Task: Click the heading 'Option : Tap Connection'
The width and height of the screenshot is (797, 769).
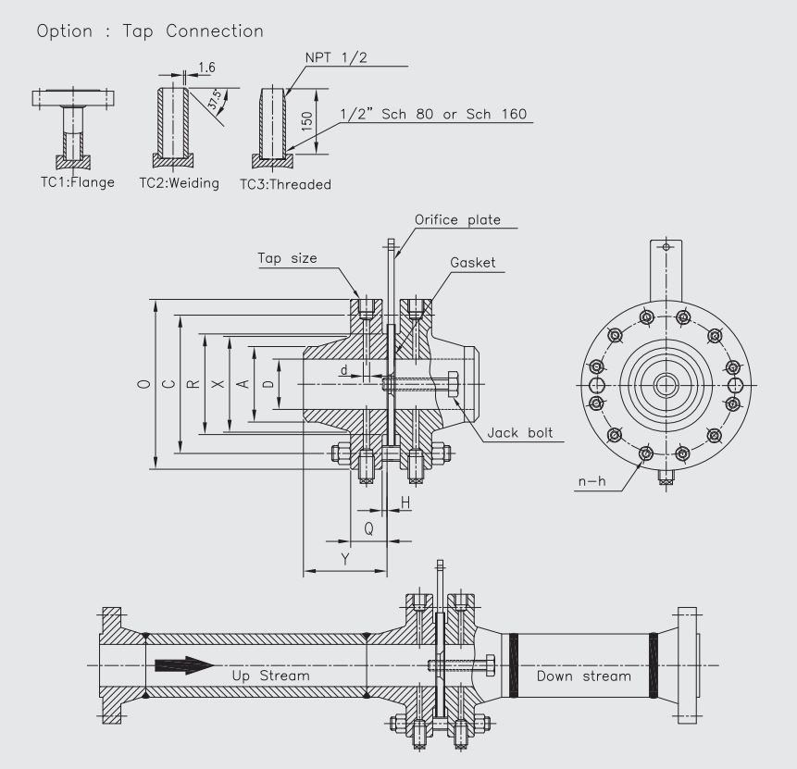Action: (150, 31)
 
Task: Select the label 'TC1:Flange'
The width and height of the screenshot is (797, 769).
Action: (73, 182)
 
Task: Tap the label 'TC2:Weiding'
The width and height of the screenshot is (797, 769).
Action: (179, 183)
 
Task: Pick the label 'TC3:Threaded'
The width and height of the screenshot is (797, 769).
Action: (285, 184)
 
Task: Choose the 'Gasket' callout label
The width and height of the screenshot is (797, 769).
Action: (473, 263)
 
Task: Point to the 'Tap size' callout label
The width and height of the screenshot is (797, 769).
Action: (287, 258)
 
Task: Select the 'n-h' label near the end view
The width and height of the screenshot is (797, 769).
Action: (587, 483)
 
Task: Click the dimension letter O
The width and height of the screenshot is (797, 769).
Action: (142, 384)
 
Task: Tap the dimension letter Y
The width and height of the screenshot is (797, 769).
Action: (345, 559)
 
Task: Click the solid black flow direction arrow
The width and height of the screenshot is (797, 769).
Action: (185, 665)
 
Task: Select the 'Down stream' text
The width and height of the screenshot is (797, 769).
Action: (583, 676)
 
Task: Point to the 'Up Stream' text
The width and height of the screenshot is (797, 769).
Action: (270, 676)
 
